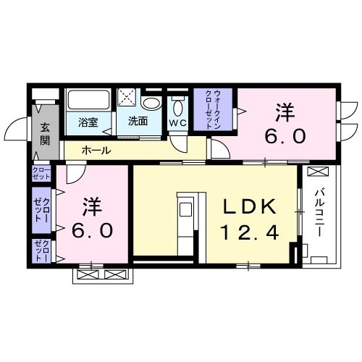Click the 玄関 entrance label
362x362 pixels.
(x=46, y=135)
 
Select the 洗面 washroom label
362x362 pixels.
(x=138, y=121)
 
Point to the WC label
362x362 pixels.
(x=177, y=122)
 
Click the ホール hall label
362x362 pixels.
(x=96, y=151)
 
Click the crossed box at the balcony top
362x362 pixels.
(x=318, y=173)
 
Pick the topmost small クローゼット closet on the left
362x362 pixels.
(x=41, y=173)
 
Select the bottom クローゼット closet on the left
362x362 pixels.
(x=41, y=250)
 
